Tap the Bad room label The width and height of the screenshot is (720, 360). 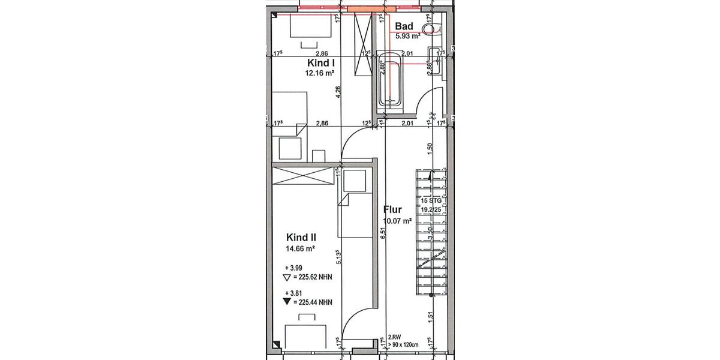404,26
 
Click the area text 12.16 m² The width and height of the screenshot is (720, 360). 319,73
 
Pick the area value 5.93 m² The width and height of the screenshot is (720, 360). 407,36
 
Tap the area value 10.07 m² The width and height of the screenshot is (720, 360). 397,221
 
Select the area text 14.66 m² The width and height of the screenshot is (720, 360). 301,248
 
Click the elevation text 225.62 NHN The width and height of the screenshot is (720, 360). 312,277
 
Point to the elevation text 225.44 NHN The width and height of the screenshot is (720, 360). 312,302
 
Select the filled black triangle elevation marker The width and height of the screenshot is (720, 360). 286,302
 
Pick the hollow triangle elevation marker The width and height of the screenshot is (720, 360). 286,277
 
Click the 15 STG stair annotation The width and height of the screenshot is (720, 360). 431,200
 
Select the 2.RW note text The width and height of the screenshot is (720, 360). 394,338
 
